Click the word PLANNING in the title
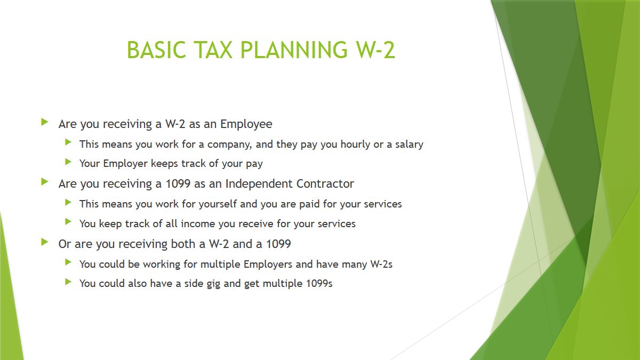[x=294, y=50]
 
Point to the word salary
[x=409, y=145]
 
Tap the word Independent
[x=259, y=184]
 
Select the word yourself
[x=218, y=204]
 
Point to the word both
[x=183, y=244]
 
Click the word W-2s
[x=381, y=265]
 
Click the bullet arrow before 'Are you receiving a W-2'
[x=45, y=122]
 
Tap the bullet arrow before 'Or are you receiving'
[x=45, y=242]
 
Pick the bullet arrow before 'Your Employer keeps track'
[x=68, y=162]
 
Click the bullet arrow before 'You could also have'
[x=68, y=282]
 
